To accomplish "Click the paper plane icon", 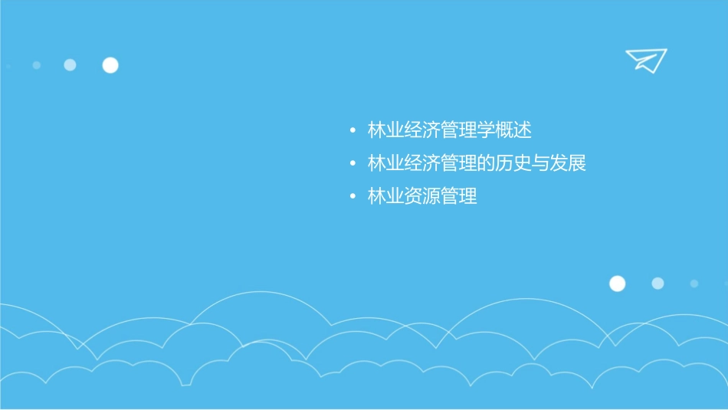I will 645,60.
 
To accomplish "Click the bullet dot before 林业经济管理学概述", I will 352,131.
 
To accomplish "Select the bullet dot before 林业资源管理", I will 352,197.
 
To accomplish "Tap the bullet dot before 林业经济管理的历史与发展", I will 352,164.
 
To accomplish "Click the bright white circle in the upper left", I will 110,65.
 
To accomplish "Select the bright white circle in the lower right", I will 617,284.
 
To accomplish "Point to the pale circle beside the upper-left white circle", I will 70,65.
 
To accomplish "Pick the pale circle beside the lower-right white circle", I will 657,284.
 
